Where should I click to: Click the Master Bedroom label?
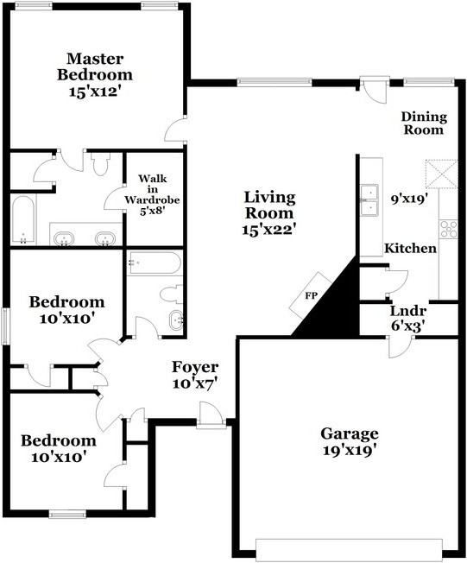coord(95,66)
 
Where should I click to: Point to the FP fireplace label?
coord(312,296)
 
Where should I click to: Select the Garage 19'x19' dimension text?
coord(350,450)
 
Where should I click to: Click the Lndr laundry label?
coord(408,311)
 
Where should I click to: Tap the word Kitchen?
coord(410,248)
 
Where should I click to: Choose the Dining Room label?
coord(424,123)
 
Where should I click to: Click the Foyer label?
coord(195,367)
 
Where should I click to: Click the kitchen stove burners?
coord(449,229)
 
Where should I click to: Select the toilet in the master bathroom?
coord(100,164)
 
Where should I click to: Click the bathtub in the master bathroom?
coord(23,219)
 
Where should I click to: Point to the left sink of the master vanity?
coord(64,238)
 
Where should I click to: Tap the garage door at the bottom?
coord(349,549)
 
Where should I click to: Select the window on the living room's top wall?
coord(275,82)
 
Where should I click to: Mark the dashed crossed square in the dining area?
coord(441,174)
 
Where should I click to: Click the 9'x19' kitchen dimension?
coord(409,199)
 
